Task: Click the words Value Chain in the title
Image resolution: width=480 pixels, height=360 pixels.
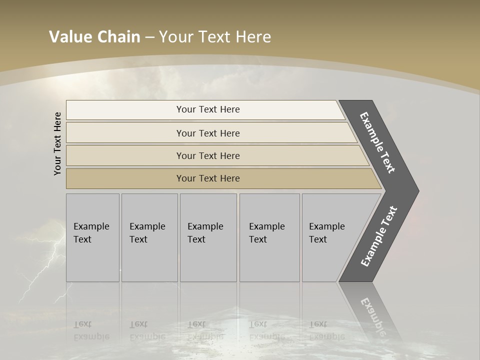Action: click(x=94, y=37)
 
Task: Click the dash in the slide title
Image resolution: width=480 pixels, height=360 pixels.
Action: click(x=149, y=37)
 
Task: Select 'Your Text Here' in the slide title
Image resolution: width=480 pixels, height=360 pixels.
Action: click(x=215, y=37)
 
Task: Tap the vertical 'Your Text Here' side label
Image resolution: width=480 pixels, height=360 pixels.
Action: click(x=57, y=143)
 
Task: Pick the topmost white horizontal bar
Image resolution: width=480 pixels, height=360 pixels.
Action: click(x=208, y=109)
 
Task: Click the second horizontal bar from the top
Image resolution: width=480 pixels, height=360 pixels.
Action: click(x=208, y=133)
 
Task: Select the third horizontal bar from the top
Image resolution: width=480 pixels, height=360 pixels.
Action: click(x=208, y=155)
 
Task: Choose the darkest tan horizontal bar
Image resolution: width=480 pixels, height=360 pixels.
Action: click(x=208, y=178)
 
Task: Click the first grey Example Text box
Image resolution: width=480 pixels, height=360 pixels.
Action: click(x=92, y=237)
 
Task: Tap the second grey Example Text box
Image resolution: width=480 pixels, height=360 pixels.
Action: click(x=149, y=237)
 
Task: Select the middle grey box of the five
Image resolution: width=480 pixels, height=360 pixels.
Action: click(x=208, y=237)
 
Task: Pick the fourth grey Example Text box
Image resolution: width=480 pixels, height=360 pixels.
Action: click(x=269, y=237)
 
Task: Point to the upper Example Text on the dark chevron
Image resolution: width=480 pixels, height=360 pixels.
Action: click(x=377, y=142)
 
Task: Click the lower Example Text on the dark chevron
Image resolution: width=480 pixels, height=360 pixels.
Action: click(x=378, y=236)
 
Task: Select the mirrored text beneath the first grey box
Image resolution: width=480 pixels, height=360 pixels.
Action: click(x=91, y=330)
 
